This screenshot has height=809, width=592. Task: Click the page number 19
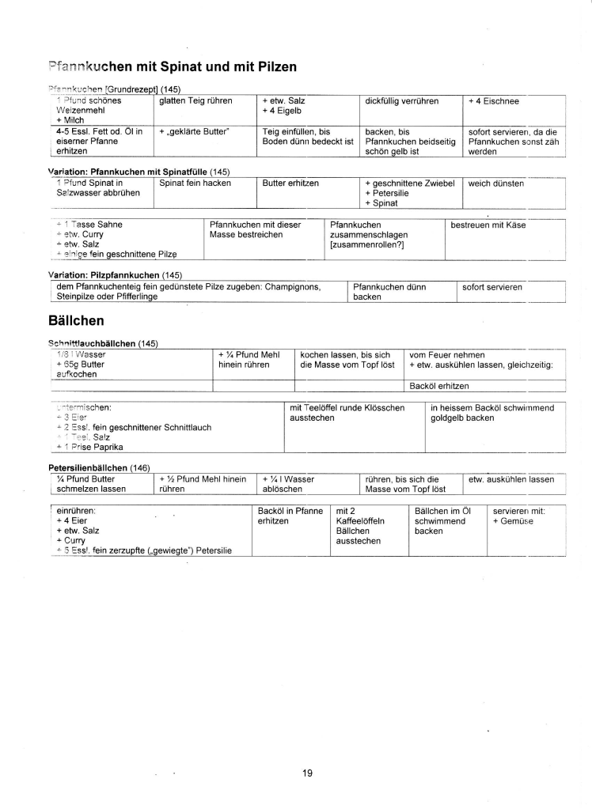click(308, 773)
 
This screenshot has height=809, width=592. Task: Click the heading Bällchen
click(78, 321)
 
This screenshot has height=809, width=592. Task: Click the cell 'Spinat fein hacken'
click(195, 183)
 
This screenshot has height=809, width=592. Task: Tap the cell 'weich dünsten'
click(496, 183)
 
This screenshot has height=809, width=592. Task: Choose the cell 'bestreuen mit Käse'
click(488, 225)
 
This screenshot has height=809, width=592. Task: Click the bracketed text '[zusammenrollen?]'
click(367, 244)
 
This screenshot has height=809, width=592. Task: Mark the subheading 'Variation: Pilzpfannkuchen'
click(102, 275)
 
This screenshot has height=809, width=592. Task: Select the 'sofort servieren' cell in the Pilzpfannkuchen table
click(492, 287)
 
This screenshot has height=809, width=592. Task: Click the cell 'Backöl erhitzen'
click(439, 386)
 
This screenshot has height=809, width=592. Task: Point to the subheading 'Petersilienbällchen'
click(87, 468)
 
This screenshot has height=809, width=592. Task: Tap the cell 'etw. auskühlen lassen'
click(511, 479)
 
